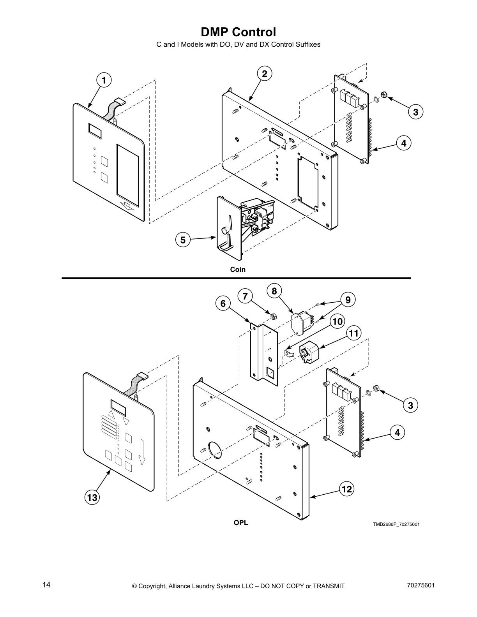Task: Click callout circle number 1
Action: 104,80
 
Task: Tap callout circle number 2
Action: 264,74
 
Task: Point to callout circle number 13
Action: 92,497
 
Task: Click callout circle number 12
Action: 346,489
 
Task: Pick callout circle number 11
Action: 353,333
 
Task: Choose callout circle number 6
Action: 223,303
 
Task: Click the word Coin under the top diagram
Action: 238,269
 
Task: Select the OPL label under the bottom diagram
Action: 240,523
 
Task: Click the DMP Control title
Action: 238,32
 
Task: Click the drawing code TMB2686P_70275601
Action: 396,524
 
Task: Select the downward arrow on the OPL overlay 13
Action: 142,452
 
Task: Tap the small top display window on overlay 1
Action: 95,131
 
